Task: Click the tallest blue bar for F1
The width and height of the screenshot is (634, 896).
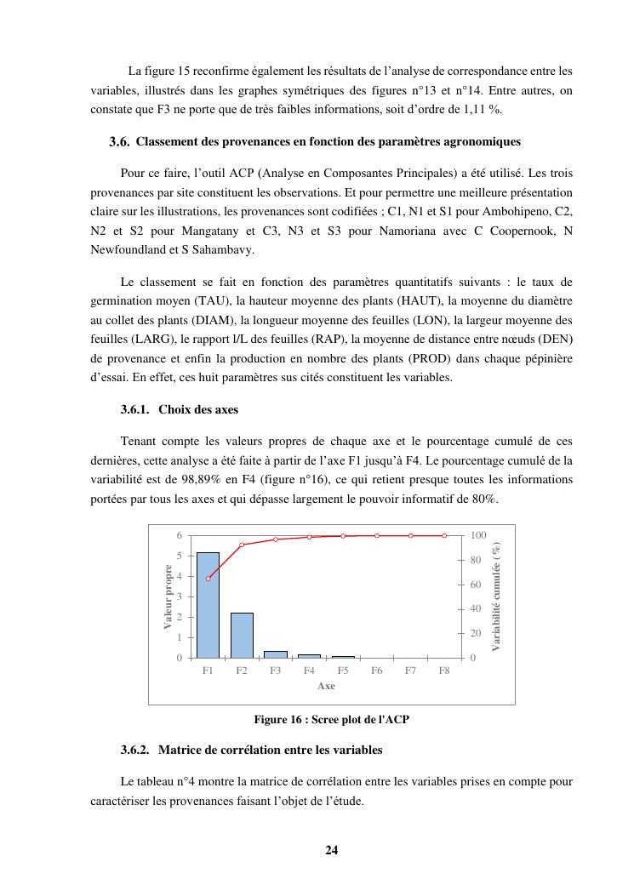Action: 208,605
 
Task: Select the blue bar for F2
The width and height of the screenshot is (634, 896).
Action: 242,635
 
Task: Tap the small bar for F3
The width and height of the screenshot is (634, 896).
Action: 275,654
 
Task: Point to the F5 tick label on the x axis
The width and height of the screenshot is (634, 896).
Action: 343,671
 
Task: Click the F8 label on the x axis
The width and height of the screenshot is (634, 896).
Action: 444,671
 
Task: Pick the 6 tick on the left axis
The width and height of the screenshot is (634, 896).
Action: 179,535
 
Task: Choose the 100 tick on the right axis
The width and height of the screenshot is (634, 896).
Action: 478,535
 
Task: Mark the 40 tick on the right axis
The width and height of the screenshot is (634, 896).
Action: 477,608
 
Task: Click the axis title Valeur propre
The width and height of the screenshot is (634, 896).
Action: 168,596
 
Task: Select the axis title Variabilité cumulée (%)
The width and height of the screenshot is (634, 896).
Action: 496,596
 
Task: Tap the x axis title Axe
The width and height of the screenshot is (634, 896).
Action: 326,686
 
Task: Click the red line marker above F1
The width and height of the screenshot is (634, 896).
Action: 208,579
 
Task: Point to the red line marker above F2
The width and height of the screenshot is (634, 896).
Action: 242,545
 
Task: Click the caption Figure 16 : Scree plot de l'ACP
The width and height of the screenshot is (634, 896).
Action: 332,720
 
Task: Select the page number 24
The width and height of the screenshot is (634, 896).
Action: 332,849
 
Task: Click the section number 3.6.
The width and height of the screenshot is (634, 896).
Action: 119,142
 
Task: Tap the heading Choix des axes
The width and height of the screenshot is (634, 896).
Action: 198,409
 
